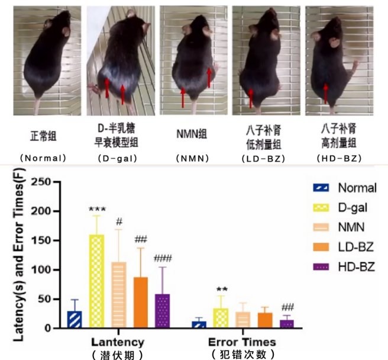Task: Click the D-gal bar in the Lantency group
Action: tap(96, 281)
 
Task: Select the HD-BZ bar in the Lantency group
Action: tap(161, 311)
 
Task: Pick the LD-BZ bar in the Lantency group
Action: tap(140, 302)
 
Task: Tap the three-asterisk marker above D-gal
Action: tap(96, 209)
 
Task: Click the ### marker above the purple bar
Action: tap(161, 259)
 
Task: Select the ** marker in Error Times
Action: tap(221, 289)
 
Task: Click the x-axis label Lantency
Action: tap(118, 342)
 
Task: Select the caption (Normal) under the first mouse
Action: tap(43, 158)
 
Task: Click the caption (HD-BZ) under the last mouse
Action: tap(337, 158)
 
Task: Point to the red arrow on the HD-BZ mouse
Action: tap(326, 94)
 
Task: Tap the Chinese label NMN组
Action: tap(190, 133)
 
